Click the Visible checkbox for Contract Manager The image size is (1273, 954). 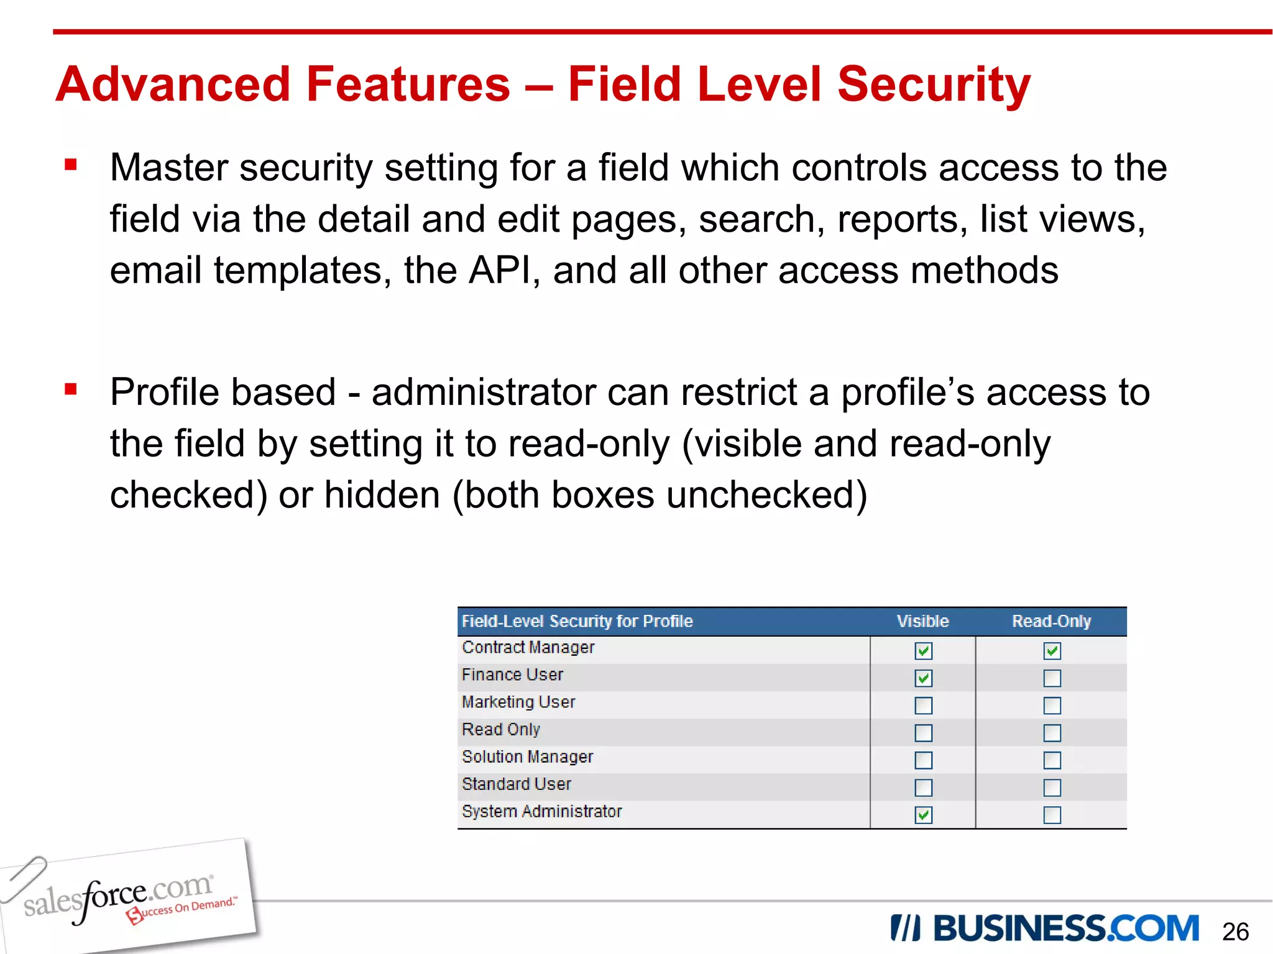click(923, 650)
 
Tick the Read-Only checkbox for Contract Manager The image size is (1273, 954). click(1052, 650)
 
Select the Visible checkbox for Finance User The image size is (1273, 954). click(923, 678)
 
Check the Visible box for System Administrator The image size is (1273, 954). click(923, 814)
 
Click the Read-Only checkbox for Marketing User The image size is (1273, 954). click(1052, 705)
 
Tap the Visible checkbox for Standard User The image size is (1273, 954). click(923, 787)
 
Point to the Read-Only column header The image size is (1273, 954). click(1051, 621)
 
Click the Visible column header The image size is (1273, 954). click(922, 621)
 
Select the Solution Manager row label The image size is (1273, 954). click(527, 756)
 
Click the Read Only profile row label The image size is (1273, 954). click(500, 729)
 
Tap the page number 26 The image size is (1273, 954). click(1234, 932)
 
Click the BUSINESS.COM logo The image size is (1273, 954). click(1044, 929)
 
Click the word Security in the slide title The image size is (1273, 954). click(934, 84)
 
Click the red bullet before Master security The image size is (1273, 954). click(71, 165)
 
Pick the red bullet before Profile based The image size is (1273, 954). click(71, 389)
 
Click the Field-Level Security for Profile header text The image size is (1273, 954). click(577, 621)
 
